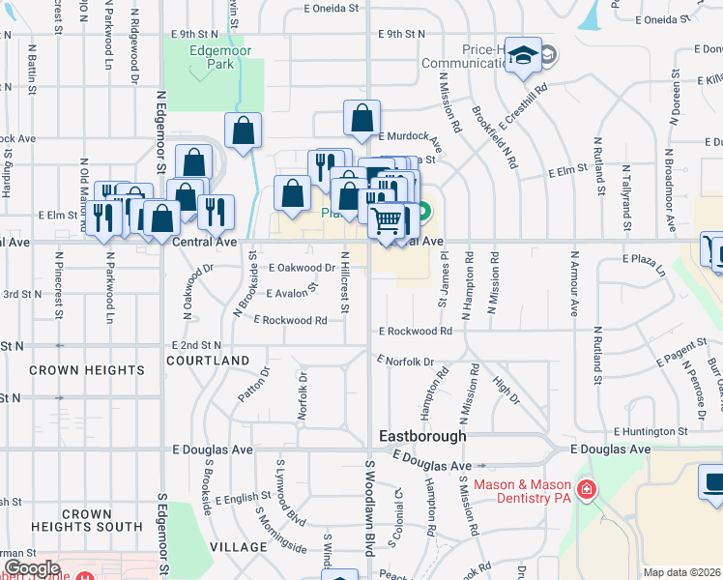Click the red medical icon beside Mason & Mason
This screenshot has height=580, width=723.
click(585, 491)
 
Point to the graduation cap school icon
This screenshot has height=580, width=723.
click(523, 58)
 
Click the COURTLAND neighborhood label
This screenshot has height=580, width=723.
click(208, 361)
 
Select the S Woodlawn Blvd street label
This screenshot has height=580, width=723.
click(369, 507)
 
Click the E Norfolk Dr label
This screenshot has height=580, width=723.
click(404, 362)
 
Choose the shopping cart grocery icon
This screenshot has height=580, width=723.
click(387, 220)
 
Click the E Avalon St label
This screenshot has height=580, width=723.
click(292, 292)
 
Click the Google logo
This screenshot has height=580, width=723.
click(32, 568)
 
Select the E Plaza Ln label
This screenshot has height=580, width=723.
click(645, 264)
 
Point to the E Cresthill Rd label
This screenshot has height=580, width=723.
click(523, 106)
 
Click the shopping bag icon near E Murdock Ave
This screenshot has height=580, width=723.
click(361, 120)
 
